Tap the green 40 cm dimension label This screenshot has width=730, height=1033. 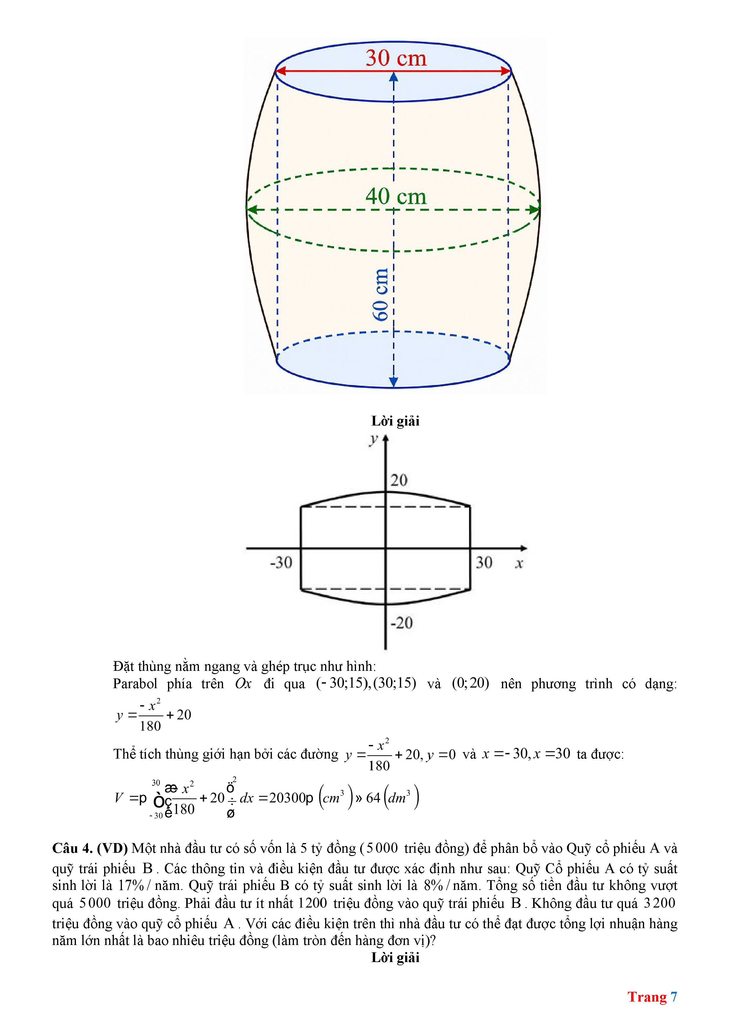click(395, 197)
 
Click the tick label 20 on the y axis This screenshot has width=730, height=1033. click(399, 481)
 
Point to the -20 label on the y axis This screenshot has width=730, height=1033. click(401, 623)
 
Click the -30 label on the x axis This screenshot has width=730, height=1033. click(281, 563)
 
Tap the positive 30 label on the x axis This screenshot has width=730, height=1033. click(484, 563)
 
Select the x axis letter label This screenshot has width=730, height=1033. click(519, 564)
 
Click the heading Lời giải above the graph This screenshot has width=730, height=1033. click(395, 421)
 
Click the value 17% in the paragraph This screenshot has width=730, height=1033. click(130, 885)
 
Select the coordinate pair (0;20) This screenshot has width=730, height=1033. click(470, 683)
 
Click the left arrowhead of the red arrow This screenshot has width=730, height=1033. click(280, 71)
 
